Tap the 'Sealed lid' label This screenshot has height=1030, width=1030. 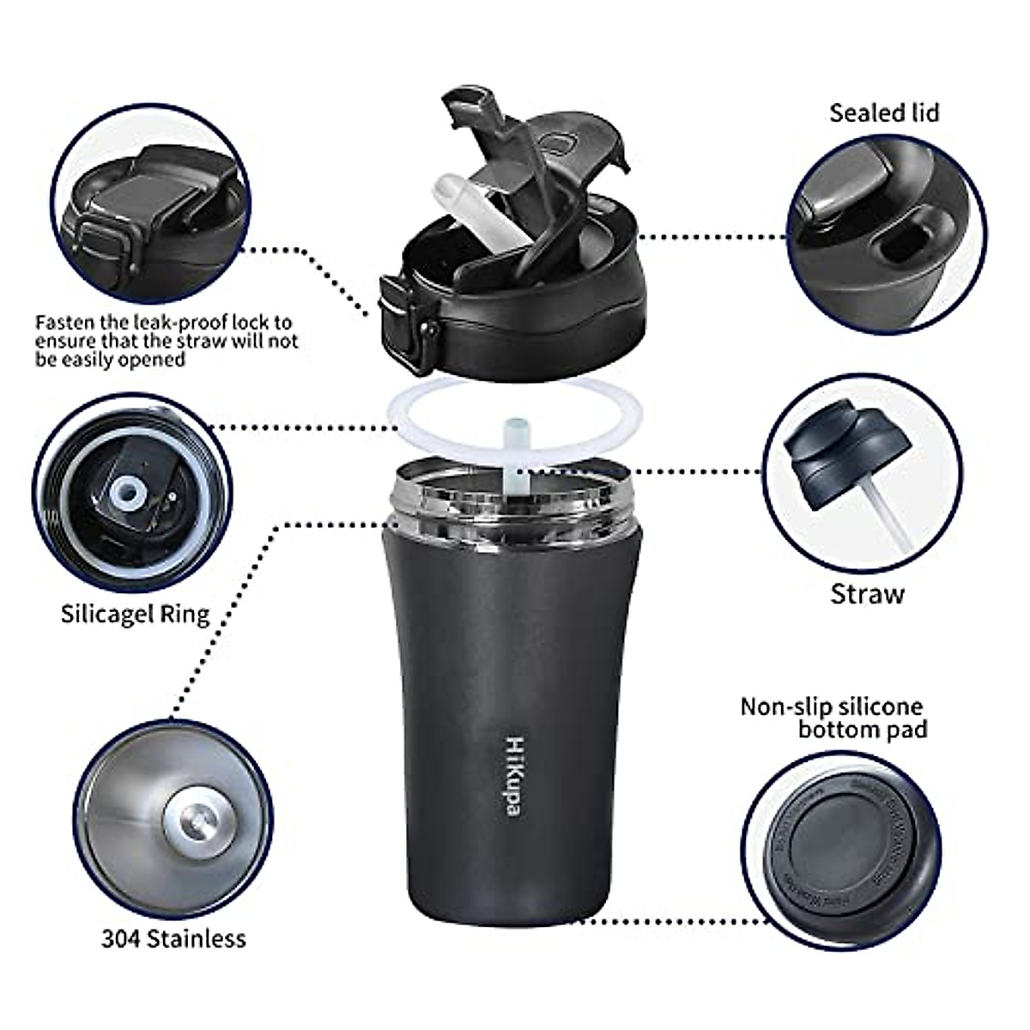[x=884, y=112]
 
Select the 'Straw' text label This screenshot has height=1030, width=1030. [x=867, y=594]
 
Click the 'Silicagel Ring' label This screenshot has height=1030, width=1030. [x=135, y=614]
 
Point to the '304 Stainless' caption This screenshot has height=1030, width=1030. [x=173, y=938]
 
